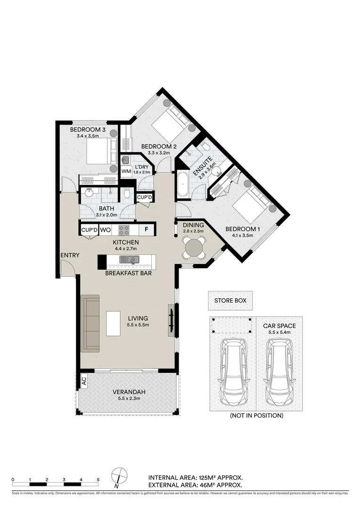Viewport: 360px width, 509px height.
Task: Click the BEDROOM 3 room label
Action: pyautogui.click(x=87, y=130)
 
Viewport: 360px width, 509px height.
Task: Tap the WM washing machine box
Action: pyautogui.click(x=126, y=171)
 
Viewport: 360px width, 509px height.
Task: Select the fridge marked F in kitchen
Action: pyautogui.click(x=147, y=230)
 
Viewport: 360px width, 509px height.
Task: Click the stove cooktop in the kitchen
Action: pyautogui.click(x=123, y=230)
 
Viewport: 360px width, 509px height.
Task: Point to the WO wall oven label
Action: pyautogui.click(x=105, y=230)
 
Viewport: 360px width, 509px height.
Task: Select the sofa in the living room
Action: pyautogui.click(x=90, y=323)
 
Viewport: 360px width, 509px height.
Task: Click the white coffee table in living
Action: pyautogui.click(x=114, y=323)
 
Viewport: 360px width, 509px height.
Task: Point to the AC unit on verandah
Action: pyautogui.click(x=84, y=380)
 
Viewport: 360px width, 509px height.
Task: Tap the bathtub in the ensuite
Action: pyautogui.click(x=183, y=184)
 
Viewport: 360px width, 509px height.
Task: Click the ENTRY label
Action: pyautogui.click(x=69, y=255)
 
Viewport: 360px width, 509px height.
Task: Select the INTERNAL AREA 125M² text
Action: pyautogui.click(x=196, y=476)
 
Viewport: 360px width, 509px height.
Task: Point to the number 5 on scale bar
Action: pyautogui.click(x=98, y=479)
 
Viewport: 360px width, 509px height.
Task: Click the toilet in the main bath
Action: pyautogui.click(x=127, y=194)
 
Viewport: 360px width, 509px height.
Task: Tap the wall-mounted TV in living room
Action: pyautogui.click(x=172, y=320)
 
